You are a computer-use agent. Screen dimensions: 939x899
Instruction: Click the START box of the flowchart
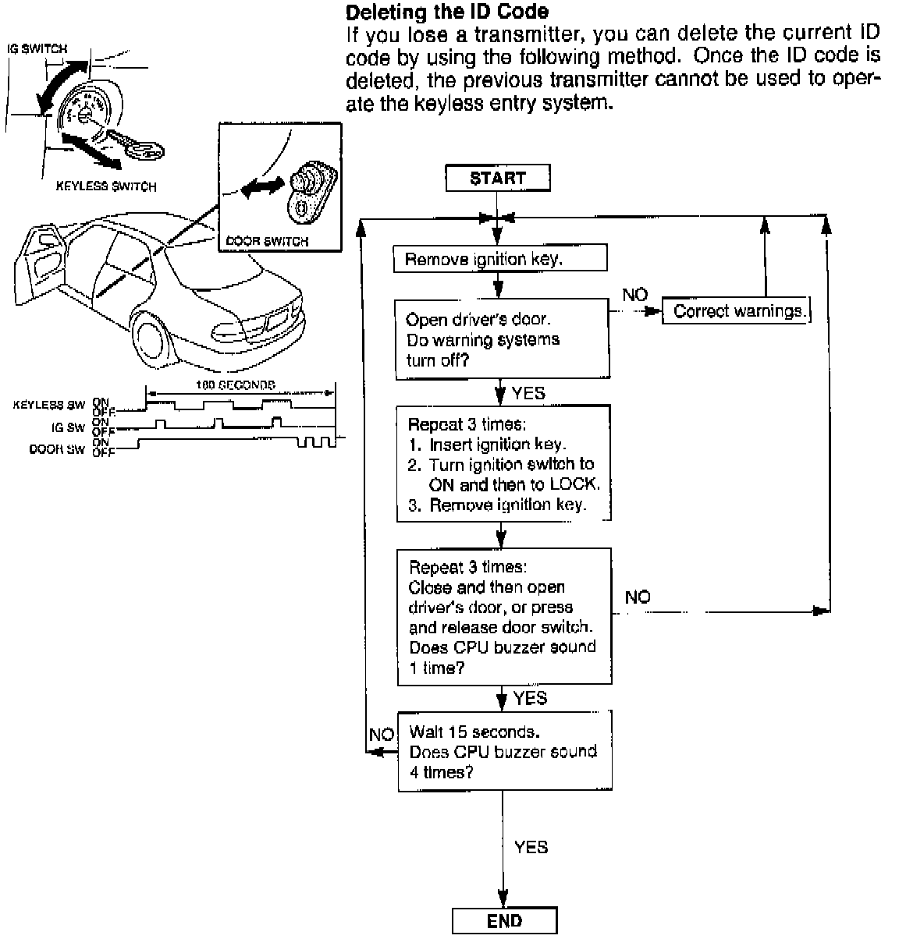[x=497, y=178]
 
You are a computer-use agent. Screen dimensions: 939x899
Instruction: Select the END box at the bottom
[x=504, y=921]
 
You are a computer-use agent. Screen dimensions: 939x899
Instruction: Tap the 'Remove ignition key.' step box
[x=500, y=260]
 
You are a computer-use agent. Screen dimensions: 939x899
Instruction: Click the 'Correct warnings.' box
[x=736, y=311]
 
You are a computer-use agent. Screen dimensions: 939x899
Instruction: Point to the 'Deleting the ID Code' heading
[x=446, y=12]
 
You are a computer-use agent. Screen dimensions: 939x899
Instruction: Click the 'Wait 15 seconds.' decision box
[x=503, y=752]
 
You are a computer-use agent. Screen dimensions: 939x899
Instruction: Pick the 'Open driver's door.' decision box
[x=501, y=339]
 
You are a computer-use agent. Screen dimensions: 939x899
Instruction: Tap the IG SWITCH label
[x=37, y=48]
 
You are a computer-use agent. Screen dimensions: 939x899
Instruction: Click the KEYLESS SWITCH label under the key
[x=106, y=186]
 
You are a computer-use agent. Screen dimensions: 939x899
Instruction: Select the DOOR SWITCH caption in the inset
[x=267, y=241]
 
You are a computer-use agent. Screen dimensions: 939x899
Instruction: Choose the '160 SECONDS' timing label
[x=237, y=384]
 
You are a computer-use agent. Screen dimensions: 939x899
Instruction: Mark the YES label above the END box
[x=531, y=846]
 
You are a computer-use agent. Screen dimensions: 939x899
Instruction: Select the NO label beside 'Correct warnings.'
[x=634, y=295]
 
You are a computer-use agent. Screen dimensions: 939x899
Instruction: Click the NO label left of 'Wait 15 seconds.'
[x=381, y=735]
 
